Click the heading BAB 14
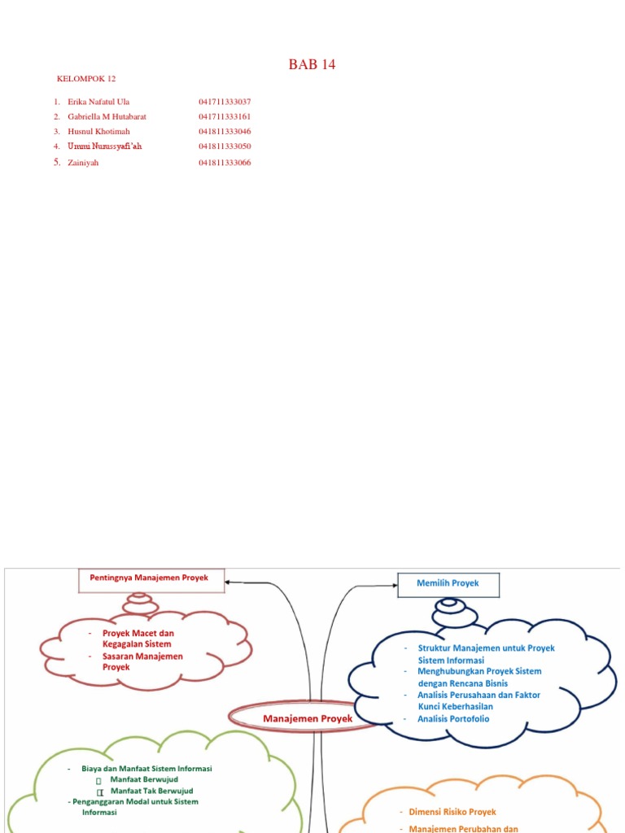click(x=312, y=65)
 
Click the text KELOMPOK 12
click(x=86, y=79)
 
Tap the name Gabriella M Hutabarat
click(x=107, y=116)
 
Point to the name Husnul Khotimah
click(x=98, y=131)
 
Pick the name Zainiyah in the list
click(x=83, y=163)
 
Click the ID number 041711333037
click(x=225, y=102)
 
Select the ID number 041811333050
click(x=225, y=146)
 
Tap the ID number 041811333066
click(x=225, y=163)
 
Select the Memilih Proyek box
click(x=448, y=585)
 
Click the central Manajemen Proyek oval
click(x=308, y=719)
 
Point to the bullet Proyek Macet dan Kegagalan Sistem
click(x=138, y=639)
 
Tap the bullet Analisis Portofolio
click(x=453, y=719)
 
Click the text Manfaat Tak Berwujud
click(x=151, y=791)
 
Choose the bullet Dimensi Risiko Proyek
click(x=452, y=812)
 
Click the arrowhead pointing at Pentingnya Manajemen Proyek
click(x=229, y=582)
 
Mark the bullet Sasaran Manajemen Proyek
click(x=142, y=661)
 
